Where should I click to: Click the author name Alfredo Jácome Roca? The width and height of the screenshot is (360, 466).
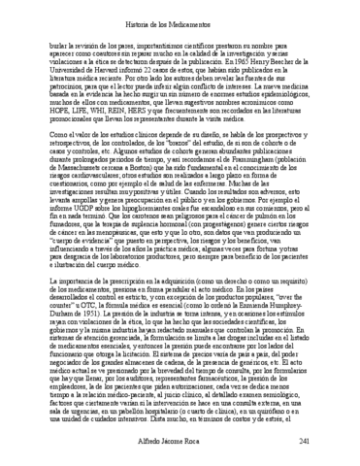[x=180, y=441]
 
